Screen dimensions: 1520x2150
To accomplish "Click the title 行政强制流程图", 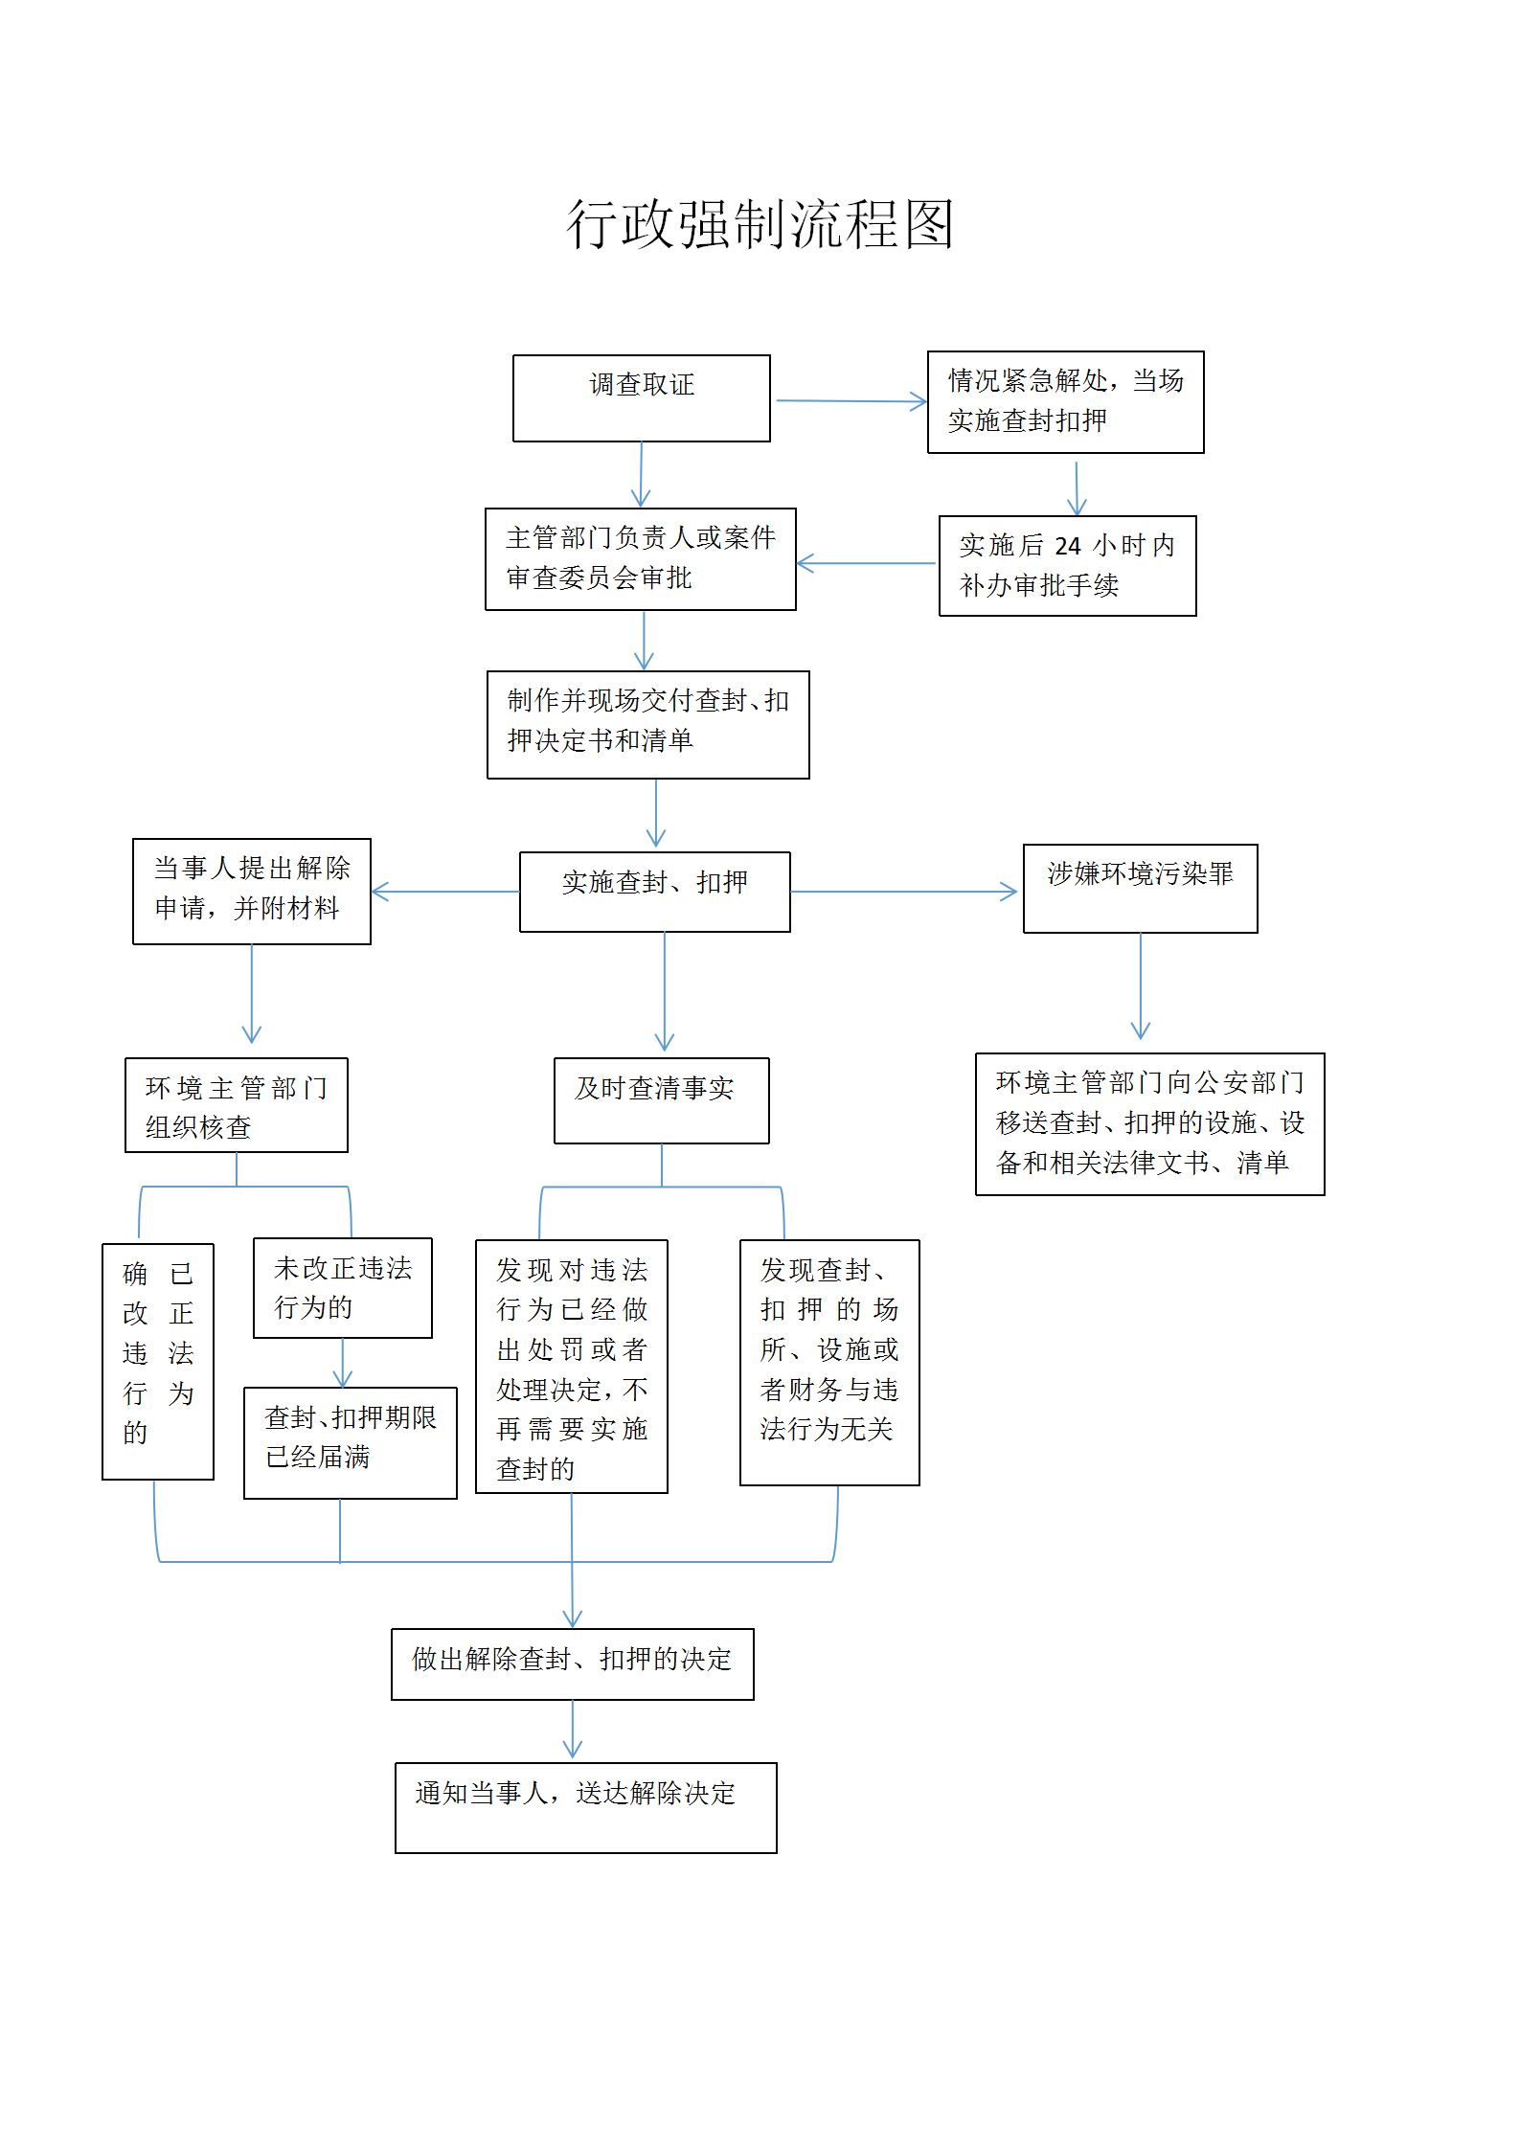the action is click(760, 224).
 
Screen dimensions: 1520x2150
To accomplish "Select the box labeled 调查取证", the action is click(642, 398).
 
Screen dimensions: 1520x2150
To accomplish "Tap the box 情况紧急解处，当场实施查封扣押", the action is click(1066, 402).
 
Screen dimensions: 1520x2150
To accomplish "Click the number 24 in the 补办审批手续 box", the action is click(1068, 546).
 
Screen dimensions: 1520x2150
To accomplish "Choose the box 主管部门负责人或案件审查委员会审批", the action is click(641, 559).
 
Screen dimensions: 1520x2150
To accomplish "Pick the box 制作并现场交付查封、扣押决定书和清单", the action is click(648, 725).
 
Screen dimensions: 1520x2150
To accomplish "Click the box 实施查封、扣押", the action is click(655, 892).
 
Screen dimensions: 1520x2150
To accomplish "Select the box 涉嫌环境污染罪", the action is click(1141, 889).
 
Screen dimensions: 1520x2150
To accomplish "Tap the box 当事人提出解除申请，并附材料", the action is click(252, 892).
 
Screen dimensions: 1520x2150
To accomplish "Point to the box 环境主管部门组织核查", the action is click(237, 1105).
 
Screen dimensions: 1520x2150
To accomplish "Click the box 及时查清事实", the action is click(662, 1100).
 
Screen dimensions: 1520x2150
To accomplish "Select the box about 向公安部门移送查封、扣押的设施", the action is click(1150, 1124).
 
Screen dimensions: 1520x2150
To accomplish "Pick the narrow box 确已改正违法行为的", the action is click(158, 1362).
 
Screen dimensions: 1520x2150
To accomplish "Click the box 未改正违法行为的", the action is click(343, 1288).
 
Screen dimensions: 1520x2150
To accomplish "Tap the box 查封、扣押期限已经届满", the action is click(351, 1443).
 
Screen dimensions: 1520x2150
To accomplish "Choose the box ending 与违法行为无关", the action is click(829, 1363).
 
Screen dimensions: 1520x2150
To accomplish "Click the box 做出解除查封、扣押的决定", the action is click(573, 1664).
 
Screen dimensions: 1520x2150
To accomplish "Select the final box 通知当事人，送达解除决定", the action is click(586, 1808).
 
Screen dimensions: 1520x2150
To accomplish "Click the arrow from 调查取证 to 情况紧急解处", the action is click(851, 401).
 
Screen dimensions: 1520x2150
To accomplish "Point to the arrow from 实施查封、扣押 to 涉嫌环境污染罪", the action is click(904, 892).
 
